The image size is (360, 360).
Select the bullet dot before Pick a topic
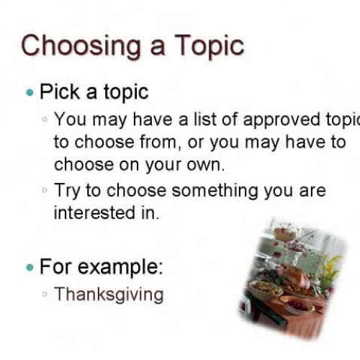[x=29, y=93]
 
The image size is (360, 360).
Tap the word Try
[x=70, y=191]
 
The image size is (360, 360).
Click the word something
[x=216, y=191]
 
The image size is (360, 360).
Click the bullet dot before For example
[x=29, y=267]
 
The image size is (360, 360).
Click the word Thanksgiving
[x=109, y=294]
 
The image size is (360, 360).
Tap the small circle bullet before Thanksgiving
[x=45, y=294]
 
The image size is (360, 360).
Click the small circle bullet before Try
[x=45, y=191]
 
